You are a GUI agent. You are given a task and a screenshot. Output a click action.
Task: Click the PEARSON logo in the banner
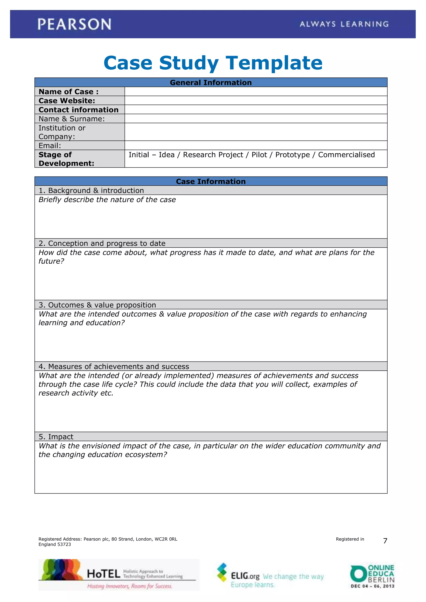(74, 24)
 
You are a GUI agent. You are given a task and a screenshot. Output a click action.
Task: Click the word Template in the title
(274, 63)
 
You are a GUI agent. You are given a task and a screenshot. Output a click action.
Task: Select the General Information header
(211, 83)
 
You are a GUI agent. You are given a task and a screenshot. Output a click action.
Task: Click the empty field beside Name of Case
(256, 91)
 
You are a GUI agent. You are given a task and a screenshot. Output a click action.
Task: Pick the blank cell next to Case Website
(256, 100)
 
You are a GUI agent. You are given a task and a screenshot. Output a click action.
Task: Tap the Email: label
(50, 146)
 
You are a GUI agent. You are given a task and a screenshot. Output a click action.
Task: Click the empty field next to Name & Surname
(256, 118)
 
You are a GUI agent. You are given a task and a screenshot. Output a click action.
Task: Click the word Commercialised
(346, 155)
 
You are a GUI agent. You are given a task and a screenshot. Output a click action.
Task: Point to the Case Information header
(211, 181)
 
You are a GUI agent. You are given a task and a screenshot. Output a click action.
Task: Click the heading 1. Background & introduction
(91, 191)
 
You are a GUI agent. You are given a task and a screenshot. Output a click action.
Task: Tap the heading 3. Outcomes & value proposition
(97, 305)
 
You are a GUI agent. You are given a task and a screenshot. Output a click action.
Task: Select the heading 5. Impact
(56, 437)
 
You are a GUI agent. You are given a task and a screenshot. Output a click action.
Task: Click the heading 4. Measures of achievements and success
(114, 366)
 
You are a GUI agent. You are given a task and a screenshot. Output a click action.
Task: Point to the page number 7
(385, 541)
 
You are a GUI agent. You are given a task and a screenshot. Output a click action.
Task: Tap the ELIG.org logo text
(245, 576)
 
